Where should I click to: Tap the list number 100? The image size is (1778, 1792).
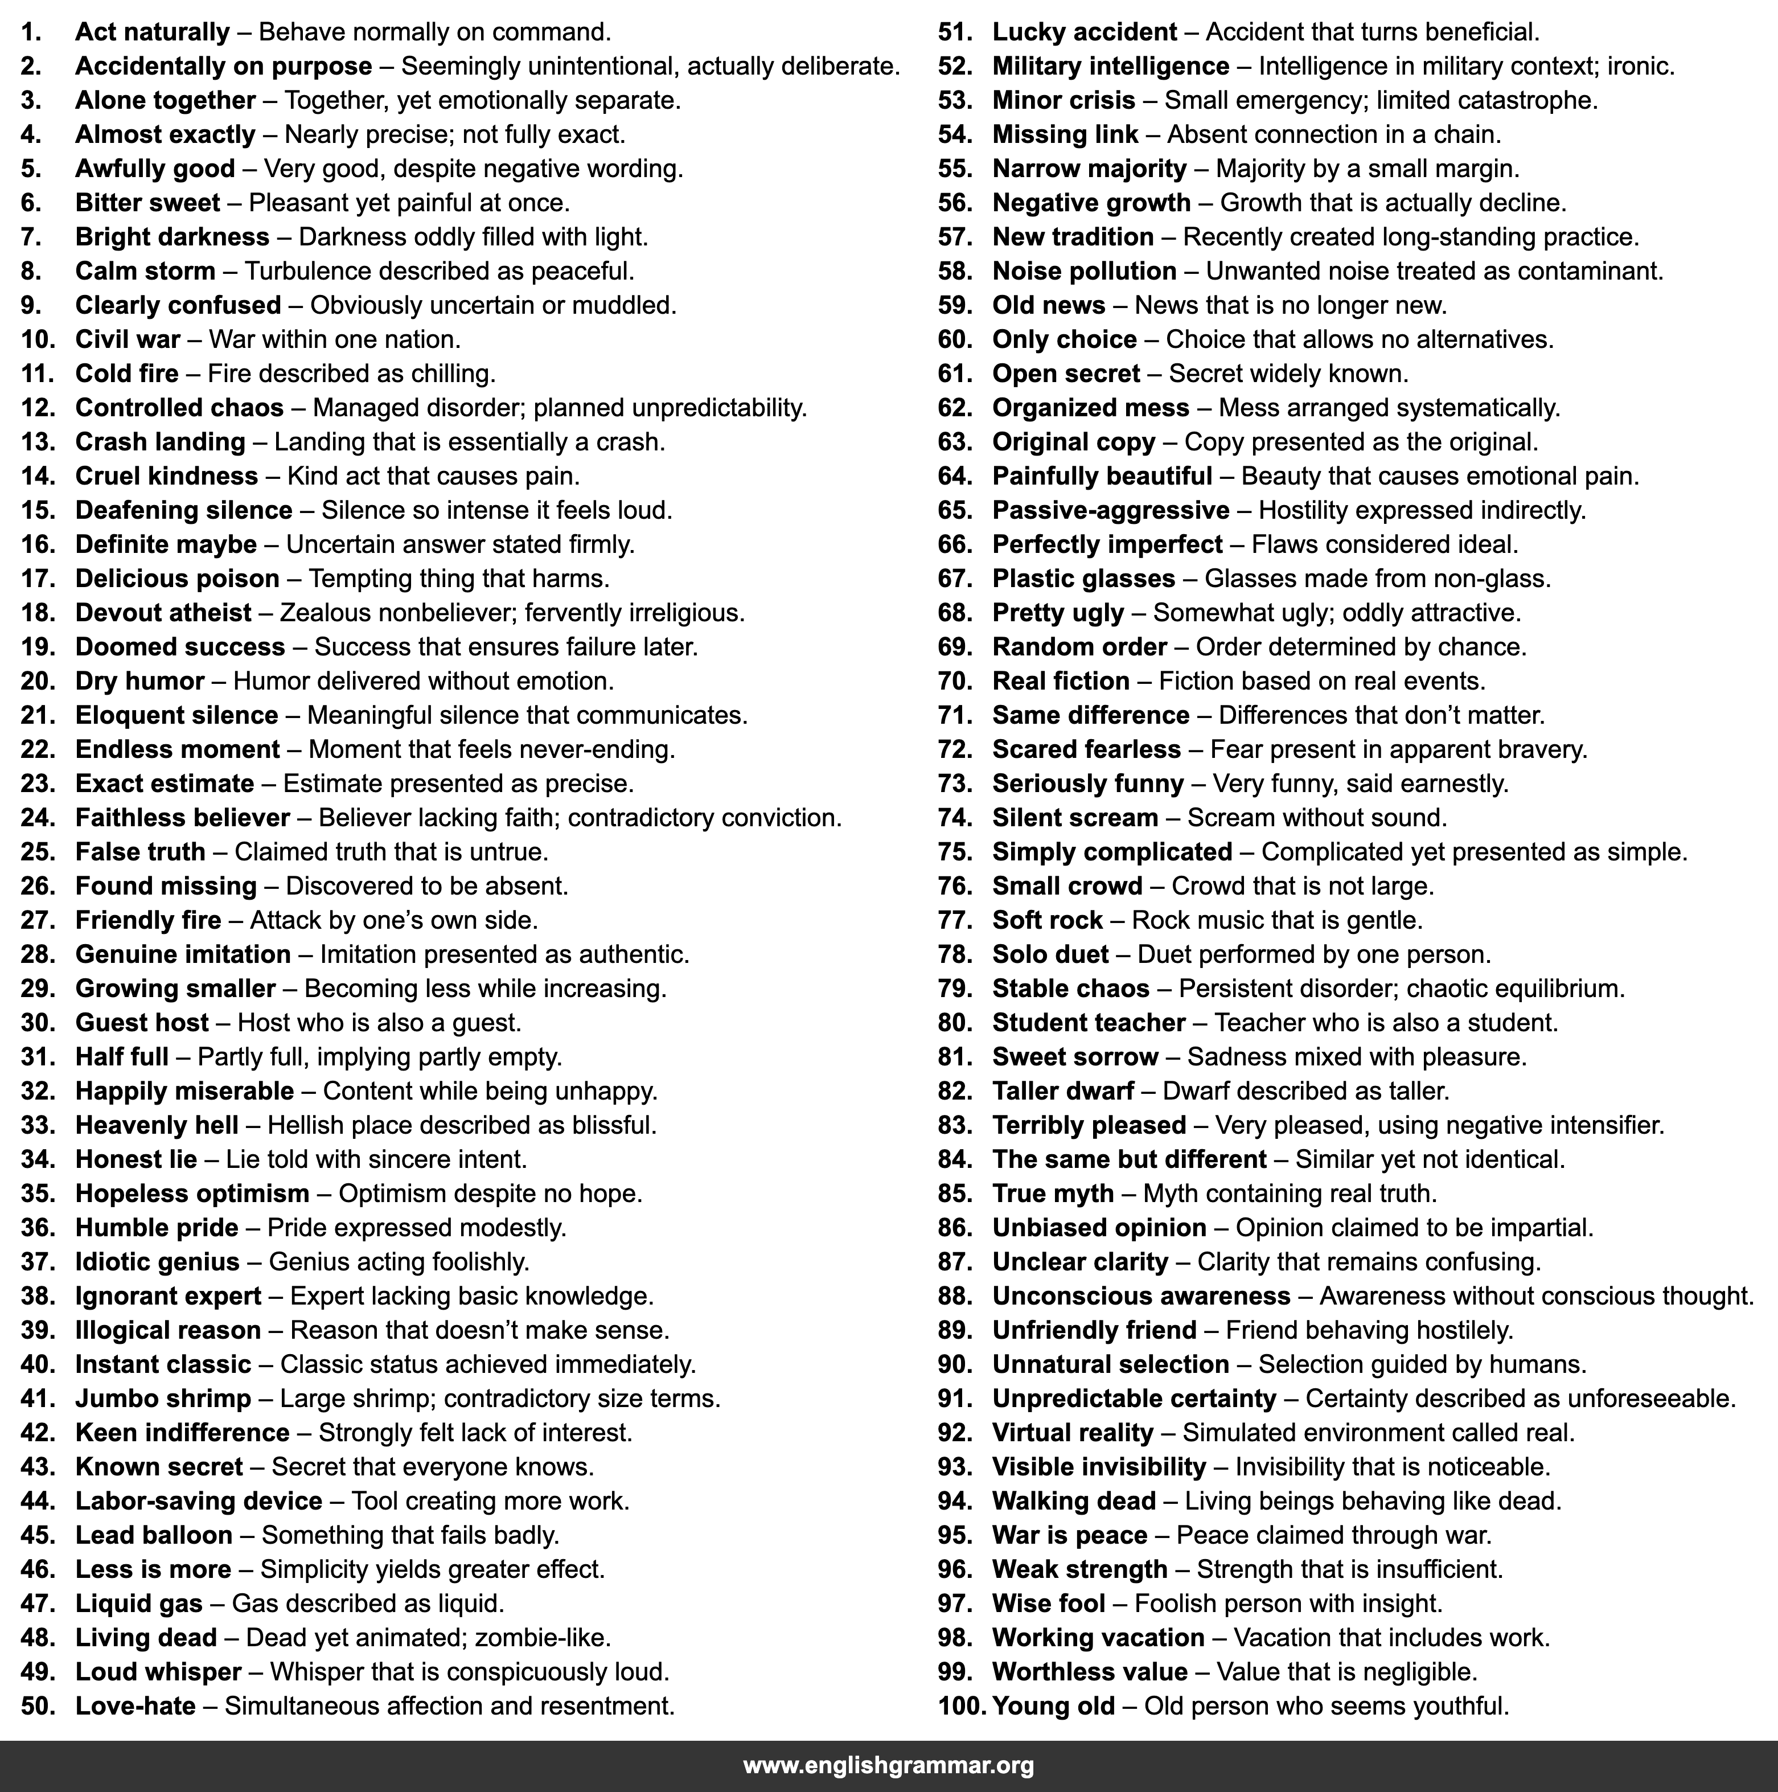[x=961, y=1706]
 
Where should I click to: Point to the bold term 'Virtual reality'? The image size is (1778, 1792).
[x=1072, y=1433]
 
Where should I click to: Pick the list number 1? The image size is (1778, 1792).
[x=31, y=32]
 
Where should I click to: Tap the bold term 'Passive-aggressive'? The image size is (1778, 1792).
[x=1110, y=510]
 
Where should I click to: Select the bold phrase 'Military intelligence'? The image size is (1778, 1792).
[x=1110, y=67]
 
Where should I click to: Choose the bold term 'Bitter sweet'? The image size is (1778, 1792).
[x=147, y=203]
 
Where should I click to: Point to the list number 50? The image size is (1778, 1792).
[x=38, y=1706]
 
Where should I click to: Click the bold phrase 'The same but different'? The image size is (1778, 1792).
[x=1129, y=1159]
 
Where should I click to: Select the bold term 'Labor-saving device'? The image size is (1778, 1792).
[x=199, y=1501]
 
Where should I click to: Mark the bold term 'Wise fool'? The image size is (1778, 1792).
[x=1048, y=1604]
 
